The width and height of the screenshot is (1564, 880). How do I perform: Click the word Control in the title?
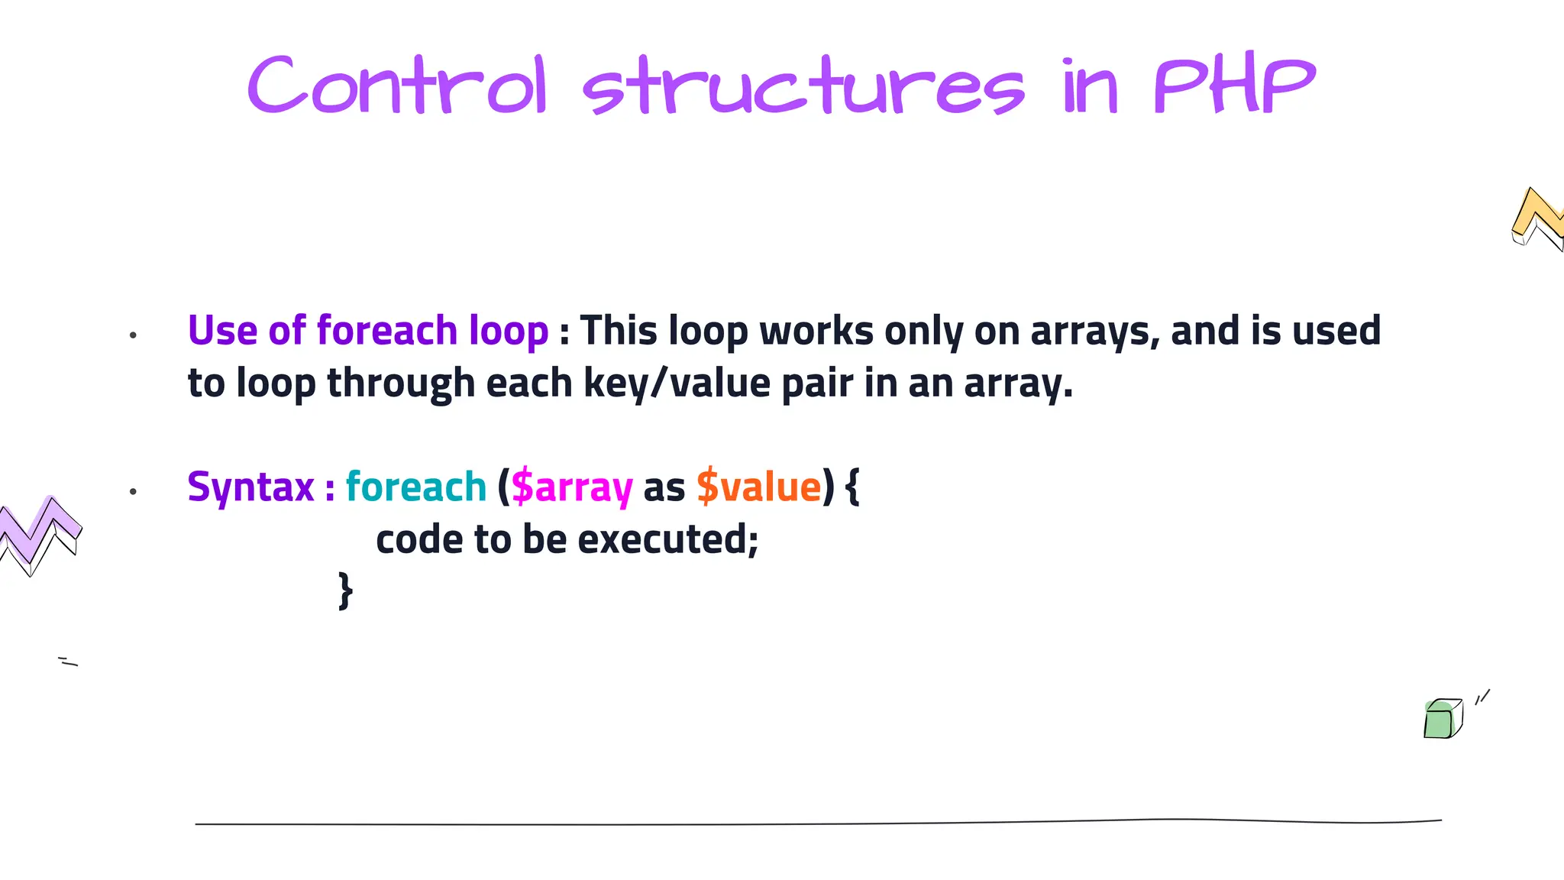[397, 86]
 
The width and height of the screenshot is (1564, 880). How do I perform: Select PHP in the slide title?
[1234, 86]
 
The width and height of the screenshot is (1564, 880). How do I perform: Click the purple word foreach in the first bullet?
[387, 331]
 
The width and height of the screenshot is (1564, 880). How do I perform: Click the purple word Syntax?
[250, 487]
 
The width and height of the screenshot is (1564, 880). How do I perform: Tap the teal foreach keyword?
[416, 487]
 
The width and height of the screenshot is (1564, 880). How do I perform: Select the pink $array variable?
[572, 487]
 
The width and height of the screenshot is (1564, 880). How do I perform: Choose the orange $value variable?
[758, 487]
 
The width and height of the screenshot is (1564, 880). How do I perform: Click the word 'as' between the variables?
[664, 487]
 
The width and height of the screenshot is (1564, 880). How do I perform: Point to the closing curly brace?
[345, 590]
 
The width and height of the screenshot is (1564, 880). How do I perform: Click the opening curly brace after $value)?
[853, 487]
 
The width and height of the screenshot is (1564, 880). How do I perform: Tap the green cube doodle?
[1442, 719]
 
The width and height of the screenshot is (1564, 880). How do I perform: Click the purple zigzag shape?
[40, 533]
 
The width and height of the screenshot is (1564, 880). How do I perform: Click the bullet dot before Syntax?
[133, 491]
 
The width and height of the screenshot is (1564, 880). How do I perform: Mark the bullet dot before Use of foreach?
[133, 335]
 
